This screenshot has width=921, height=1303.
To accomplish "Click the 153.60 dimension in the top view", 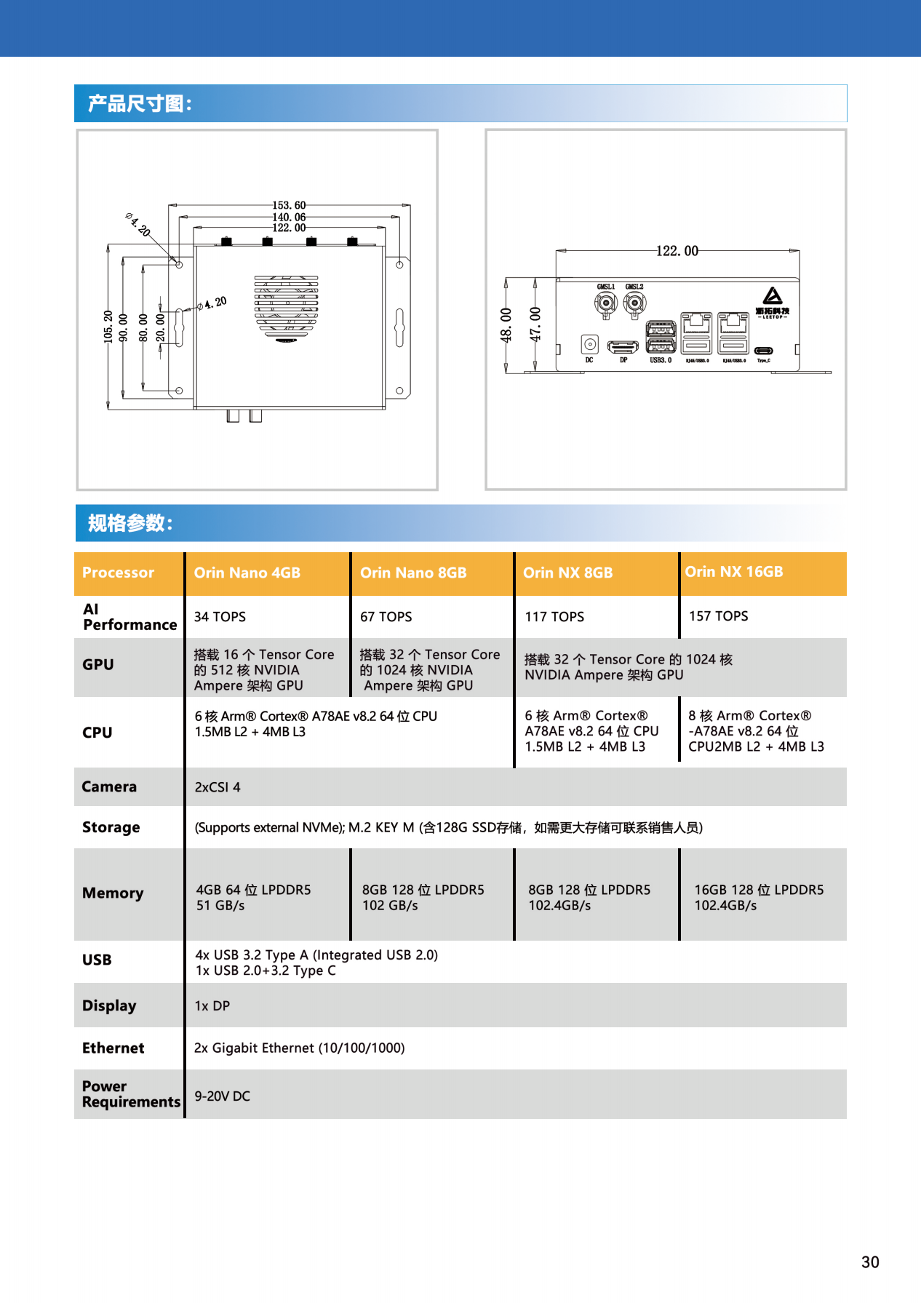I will (289, 205).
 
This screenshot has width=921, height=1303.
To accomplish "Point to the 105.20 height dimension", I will (108, 327).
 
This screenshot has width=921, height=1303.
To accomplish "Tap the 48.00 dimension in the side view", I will (506, 324).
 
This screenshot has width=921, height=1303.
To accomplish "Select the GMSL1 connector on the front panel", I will (605, 303).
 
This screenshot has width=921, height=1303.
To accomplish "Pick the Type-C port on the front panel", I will (763, 351).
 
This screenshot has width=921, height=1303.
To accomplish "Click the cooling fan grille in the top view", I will (287, 306).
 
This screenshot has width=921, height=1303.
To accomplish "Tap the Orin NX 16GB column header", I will (733, 572).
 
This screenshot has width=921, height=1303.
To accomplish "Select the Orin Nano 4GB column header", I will (247, 573).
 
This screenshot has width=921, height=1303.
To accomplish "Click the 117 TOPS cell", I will (554, 617).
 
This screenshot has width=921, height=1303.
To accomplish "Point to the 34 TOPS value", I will (220, 617).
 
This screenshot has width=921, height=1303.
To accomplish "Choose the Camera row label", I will (109, 786).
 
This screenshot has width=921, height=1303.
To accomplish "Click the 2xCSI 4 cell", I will (218, 787).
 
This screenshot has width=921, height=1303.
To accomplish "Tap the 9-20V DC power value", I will (222, 1096).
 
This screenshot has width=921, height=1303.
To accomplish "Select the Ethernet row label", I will (113, 1048).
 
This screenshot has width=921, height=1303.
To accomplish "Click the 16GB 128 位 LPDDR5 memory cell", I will (759, 897).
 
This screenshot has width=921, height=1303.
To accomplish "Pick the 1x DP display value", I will (212, 1005).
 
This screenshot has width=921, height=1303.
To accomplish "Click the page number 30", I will (870, 1262).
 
